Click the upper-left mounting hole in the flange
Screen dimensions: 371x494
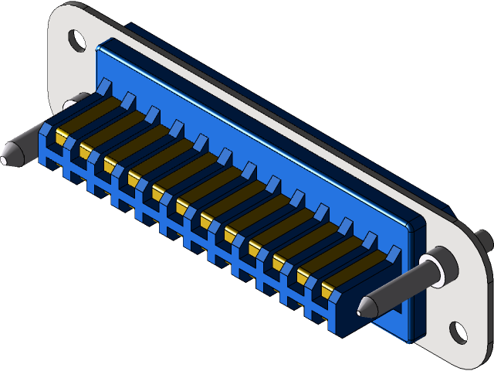76,39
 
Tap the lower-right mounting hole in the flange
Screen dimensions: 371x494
458,332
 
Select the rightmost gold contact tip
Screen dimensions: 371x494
327,291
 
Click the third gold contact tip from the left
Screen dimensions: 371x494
110,164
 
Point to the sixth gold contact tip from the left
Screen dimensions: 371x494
182,206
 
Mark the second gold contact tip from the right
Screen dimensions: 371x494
303,276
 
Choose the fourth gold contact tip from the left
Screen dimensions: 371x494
134,179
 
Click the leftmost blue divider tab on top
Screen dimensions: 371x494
104,85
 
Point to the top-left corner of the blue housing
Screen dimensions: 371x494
99,46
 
